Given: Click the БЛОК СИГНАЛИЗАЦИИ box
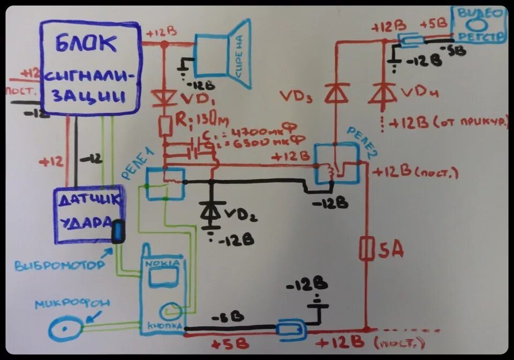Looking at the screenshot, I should [x=91, y=68].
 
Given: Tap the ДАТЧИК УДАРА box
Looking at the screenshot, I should [x=88, y=214].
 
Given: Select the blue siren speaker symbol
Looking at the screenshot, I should [x=222, y=54].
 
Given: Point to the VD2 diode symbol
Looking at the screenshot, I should [x=211, y=211].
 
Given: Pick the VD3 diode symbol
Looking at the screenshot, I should [x=336, y=94].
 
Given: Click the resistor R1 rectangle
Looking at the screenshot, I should [x=164, y=126].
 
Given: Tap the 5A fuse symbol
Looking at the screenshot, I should [x=366, y=249].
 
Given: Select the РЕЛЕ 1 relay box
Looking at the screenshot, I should [x=165, y=184].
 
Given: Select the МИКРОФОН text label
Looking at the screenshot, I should [x=73, y=304].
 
